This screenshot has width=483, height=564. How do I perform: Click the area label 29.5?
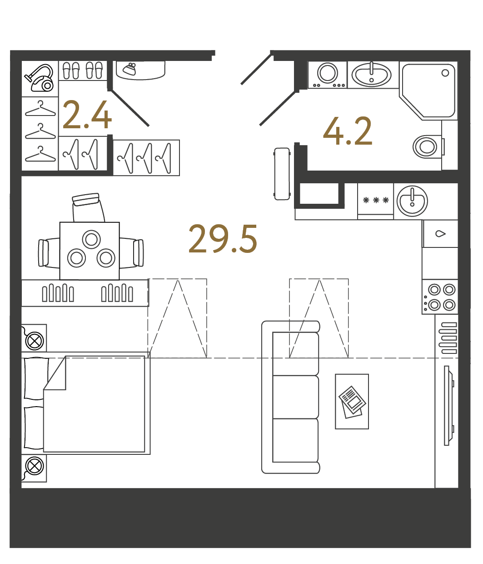tap(223, 239)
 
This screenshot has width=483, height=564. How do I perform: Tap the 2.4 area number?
tap(87, 115)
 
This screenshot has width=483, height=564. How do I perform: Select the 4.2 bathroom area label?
tap(348, 131)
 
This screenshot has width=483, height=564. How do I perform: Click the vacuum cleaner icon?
tap(39, 78)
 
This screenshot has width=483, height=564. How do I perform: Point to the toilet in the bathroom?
tap(428, 147)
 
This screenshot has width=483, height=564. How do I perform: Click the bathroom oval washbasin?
tap(371, 75)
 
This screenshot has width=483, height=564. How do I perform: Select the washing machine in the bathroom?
tap(327, 75)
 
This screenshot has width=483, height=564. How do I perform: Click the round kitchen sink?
tap(412, 201)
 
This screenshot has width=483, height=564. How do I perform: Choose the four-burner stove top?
tap(440, 297)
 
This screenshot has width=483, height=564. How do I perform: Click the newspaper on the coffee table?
tap(352, 402)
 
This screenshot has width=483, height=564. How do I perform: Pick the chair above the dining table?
tap(88, 208)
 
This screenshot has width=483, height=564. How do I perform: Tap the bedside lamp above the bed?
tap(35, 341)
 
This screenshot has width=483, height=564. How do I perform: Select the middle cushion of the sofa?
tap(296, 397)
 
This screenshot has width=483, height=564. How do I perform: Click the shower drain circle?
tap(445, 73)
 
